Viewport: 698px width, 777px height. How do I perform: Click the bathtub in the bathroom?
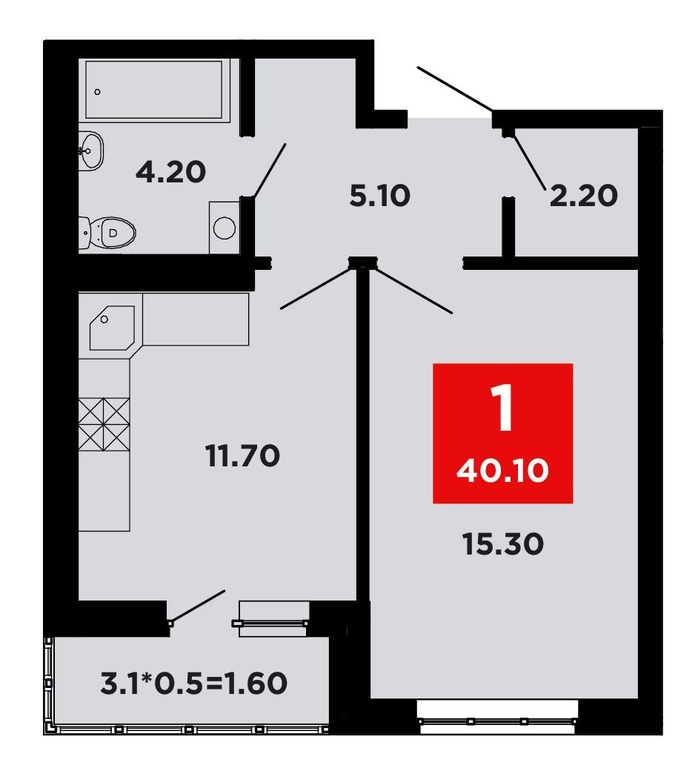click(154, 90)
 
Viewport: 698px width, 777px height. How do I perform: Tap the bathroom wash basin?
click(90, 151)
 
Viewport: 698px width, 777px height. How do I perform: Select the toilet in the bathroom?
click(107, 233)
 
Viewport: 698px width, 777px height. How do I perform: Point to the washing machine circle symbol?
click(225, 228)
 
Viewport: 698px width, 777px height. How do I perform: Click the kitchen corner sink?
click(112, 328)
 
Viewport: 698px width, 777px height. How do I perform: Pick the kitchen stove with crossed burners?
click(104, 424)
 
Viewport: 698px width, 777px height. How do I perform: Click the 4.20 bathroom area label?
click(171, 172)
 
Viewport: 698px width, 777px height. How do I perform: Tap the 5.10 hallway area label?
click(380, 195)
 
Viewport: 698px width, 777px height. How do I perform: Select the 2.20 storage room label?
click(584, 195)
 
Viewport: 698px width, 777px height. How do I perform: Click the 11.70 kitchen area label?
click(243, 455)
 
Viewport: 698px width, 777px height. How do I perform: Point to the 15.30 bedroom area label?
click(503, 544)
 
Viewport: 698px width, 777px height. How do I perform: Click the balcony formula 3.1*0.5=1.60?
click(193, 684)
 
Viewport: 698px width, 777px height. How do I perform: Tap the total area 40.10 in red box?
click(503, 470)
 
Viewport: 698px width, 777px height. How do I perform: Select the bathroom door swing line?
click(270, 171)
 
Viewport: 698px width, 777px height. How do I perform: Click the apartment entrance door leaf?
click(455, 89)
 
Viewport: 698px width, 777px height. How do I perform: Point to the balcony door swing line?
click(198, 606)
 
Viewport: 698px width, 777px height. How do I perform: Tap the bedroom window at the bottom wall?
click(497, 717)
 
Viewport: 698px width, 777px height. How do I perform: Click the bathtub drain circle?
click(98, 92)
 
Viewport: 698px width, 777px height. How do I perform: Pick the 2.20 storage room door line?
click(530, 162)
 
